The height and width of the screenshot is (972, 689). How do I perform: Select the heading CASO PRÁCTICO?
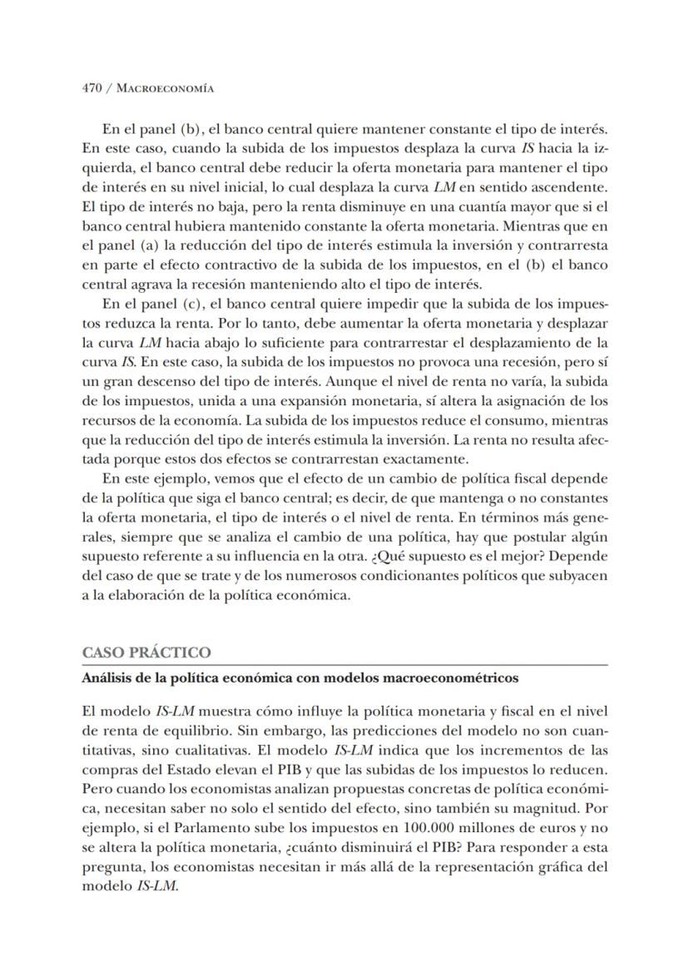146,652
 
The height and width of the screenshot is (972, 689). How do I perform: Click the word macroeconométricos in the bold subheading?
449,678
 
